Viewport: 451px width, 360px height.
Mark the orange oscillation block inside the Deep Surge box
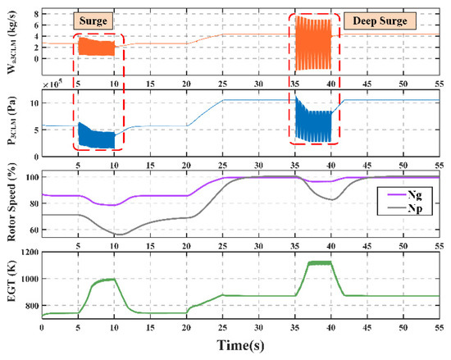(311, 41)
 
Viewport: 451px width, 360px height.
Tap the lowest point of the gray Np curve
(121, 235)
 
